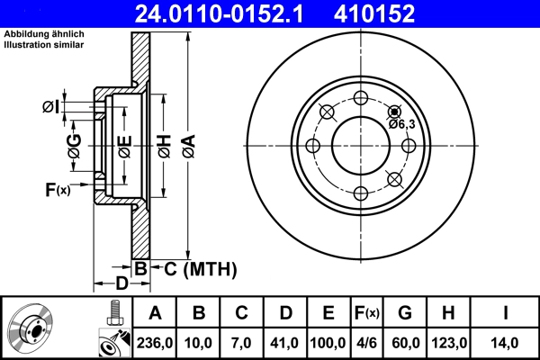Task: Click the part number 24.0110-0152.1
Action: point(209,13)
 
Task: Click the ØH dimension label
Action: point(164,144)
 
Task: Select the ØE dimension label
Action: point(124,144)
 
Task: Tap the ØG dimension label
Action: point(76,144)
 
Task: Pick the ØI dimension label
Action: point(51,107)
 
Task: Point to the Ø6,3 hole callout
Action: point(401,124)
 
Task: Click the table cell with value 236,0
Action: point(155,342)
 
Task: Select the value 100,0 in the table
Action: point(328,342)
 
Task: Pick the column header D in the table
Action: point(285,314)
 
